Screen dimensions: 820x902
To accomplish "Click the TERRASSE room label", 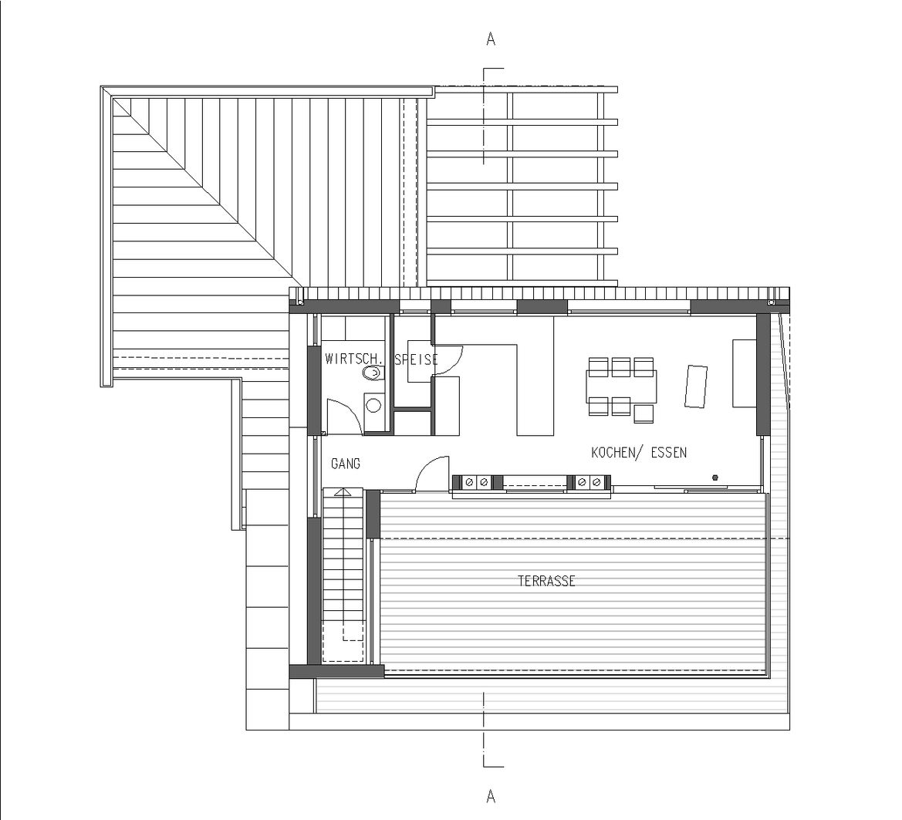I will point(546,582).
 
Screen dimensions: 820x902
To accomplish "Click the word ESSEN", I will point(669,453).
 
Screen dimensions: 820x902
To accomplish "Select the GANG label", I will point(345,464).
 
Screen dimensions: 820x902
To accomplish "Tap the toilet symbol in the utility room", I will point(373,373).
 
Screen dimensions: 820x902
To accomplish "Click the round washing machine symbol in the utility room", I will point(373,403).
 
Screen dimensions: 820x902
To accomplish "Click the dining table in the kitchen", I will point(622,385).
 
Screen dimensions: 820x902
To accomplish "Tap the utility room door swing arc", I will point(341,417).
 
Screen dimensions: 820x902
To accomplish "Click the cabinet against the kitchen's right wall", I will point(744,373).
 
